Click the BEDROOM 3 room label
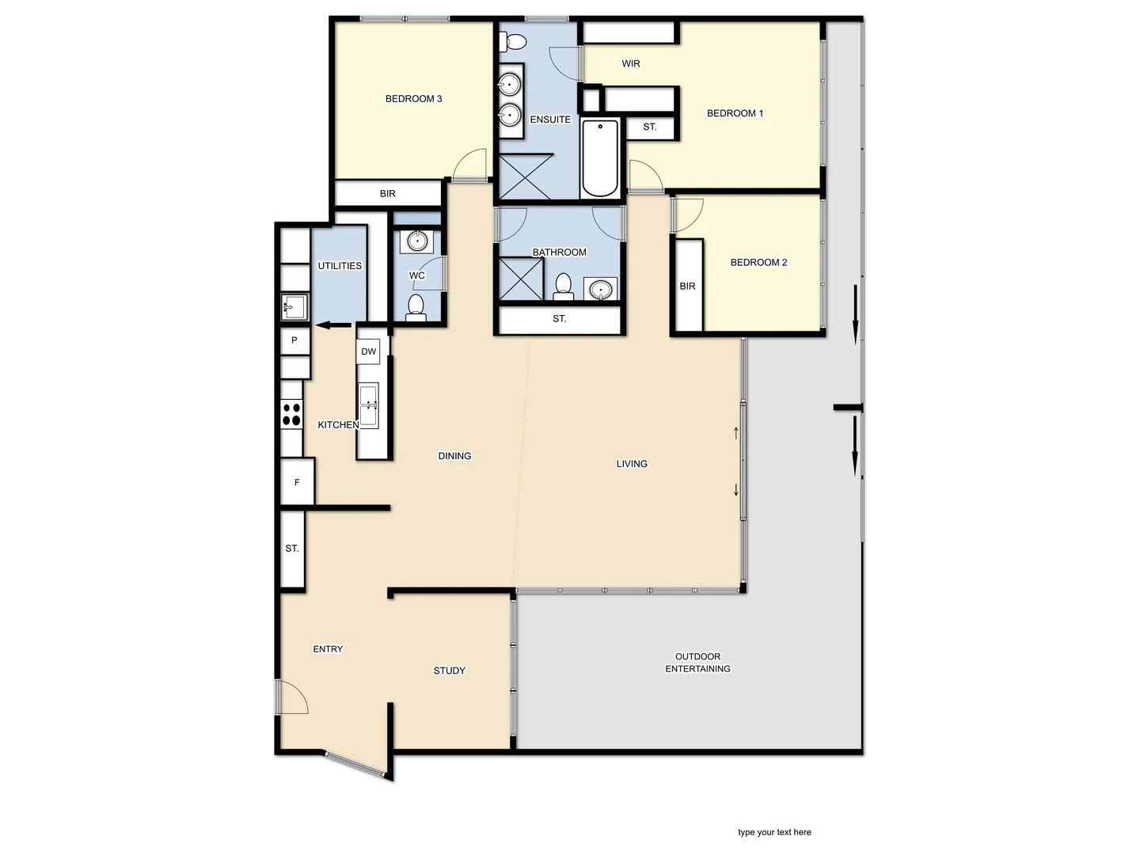coord(413,99)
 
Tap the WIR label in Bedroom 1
coord(631,64)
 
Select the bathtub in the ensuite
coord(600,158)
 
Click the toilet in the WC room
coord(416,307)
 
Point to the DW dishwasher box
coord(369,351)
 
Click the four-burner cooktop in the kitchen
coord(291,415)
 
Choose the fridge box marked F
coord(297,482)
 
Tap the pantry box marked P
coord(294,340)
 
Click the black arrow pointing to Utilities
coord(333,325)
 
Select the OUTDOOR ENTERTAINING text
coord(697,663)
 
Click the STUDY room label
coord(449,671)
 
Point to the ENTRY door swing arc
coord(293,697)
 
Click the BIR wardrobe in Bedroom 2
coord(688,286)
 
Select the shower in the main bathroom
coord(521,279)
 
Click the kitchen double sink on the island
coord(369,405)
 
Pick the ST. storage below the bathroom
coord(559,319)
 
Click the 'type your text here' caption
coord(774,832)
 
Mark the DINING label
coord(454,456)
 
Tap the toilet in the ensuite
coord(514,42)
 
